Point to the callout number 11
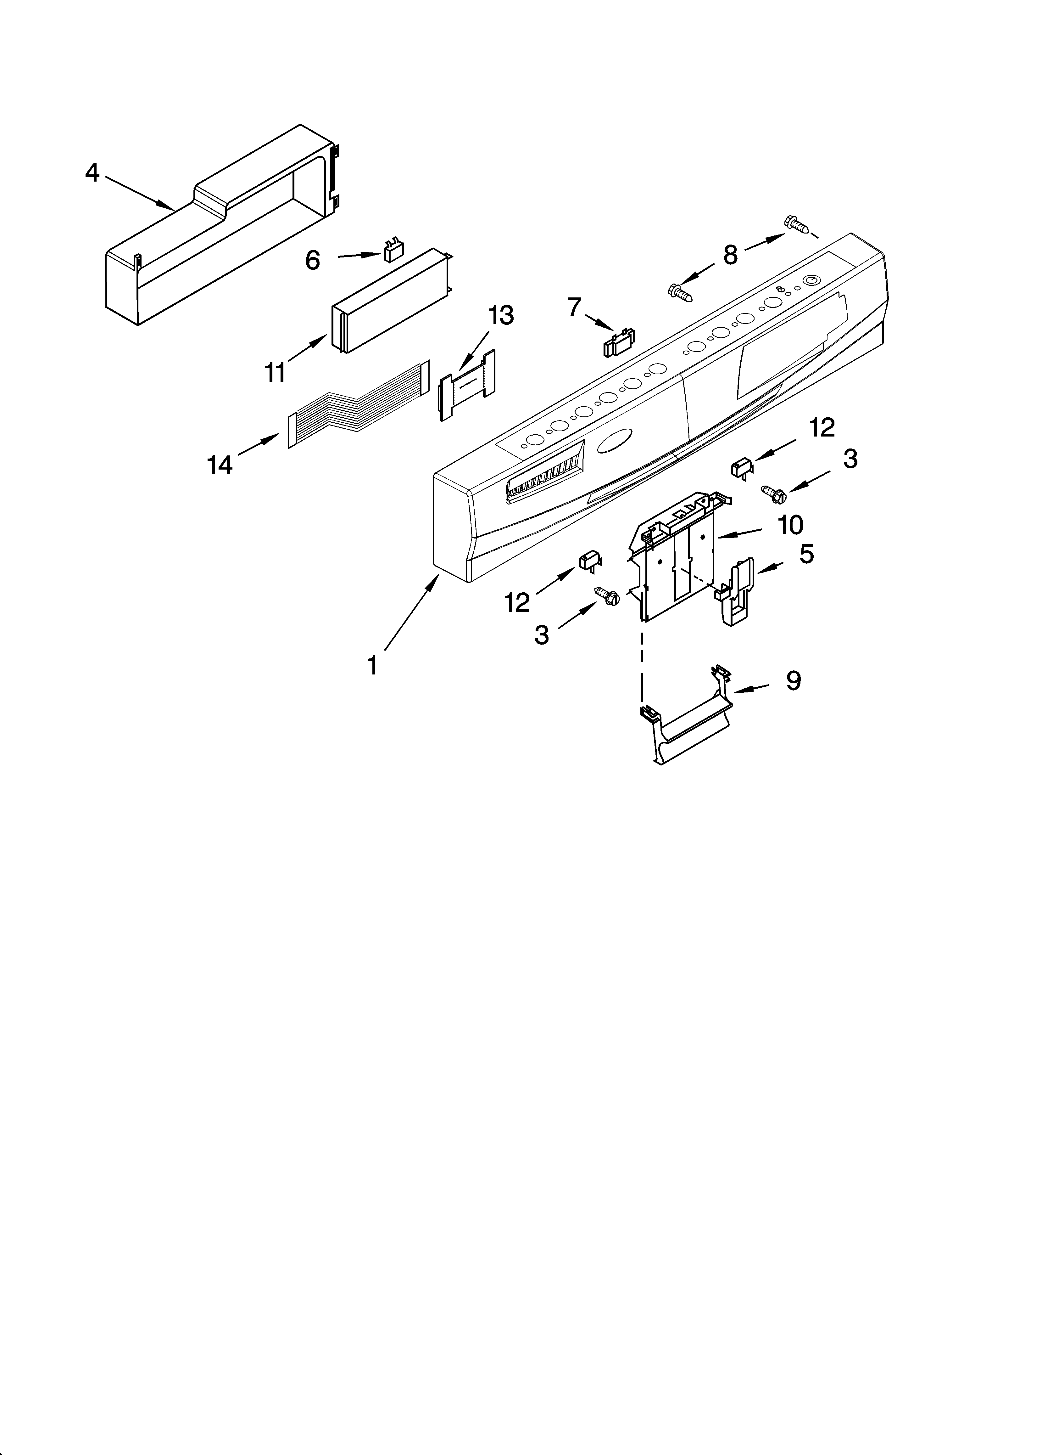point(276,372)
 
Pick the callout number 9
point(793,680)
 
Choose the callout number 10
point(791,525)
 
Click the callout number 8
point(730,255)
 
